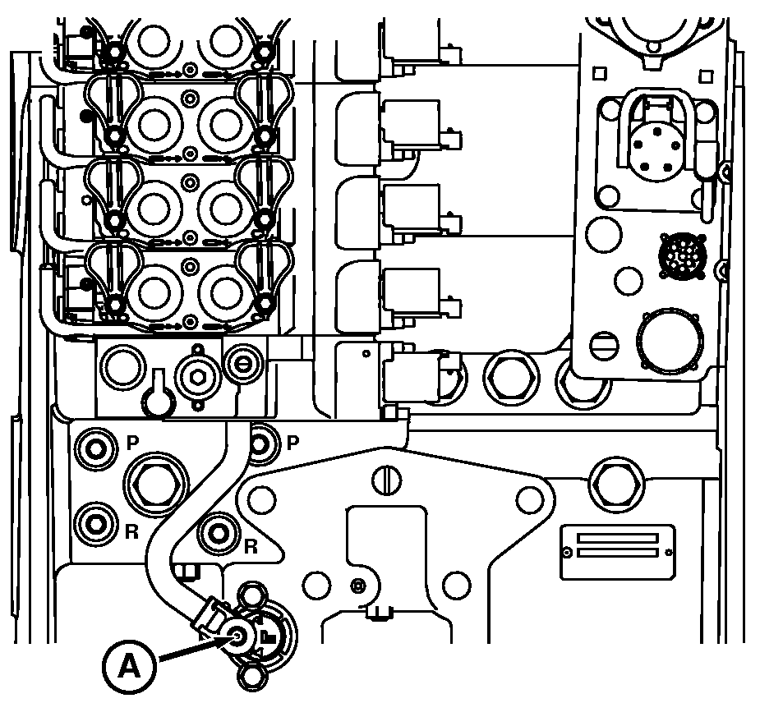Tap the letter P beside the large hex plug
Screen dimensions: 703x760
click(133, 443)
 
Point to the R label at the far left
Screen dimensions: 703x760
click(131, 531)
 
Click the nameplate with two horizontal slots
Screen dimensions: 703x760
click(618, 545)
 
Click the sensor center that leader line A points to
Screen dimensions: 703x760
click(238, 634)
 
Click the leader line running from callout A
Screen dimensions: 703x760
click(189, 650)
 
